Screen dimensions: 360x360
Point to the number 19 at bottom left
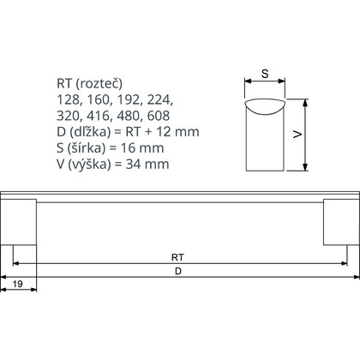click(x=18, y=283)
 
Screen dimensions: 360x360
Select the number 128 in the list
click(x=68, y=99)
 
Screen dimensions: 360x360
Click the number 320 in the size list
click(x=68, y=116)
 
